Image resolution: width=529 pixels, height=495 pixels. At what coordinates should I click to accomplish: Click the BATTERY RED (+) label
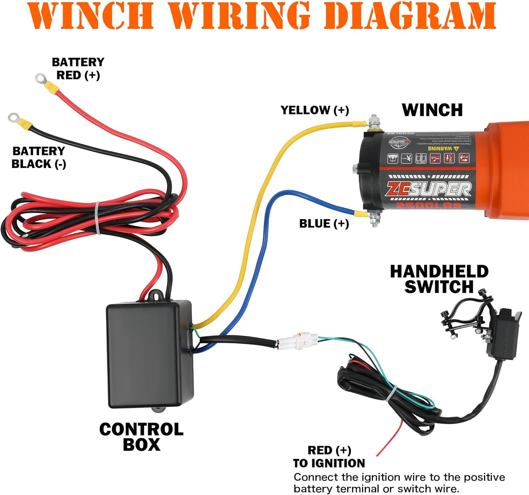(78, 68)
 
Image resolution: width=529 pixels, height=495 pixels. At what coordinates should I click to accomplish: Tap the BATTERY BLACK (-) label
(39, 157)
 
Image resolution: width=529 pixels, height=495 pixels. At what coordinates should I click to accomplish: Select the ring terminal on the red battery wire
(41, 78)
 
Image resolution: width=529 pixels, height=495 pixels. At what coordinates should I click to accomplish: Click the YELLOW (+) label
(315, 110)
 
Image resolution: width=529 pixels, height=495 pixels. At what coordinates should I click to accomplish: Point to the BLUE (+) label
(324, 223)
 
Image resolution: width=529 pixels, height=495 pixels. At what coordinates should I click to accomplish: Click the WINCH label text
(432, 110)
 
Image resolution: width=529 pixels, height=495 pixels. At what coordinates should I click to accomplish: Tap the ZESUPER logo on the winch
(428, 189)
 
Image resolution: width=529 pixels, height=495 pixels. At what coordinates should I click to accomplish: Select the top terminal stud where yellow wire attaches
(373, 122)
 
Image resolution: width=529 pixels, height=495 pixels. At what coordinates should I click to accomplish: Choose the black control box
(149, 353)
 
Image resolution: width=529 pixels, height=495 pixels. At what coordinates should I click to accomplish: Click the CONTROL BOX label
(141, 437)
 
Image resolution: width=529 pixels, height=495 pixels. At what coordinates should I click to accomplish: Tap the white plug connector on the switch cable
(298, 340)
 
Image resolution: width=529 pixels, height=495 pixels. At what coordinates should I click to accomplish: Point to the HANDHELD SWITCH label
(439, 279)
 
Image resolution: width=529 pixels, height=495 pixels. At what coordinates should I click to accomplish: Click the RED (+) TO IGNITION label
(329, 457)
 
